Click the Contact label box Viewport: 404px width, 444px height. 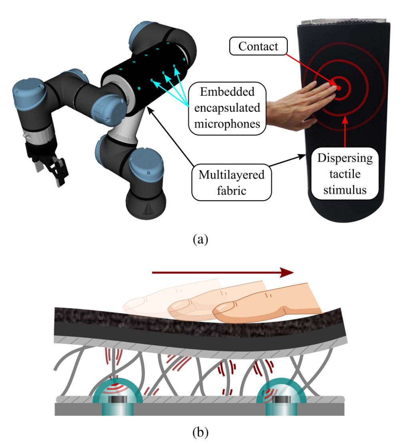tap(258, 46)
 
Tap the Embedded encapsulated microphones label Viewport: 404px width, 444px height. tap(227, 108)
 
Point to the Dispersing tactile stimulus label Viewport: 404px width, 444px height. tap(345, 173)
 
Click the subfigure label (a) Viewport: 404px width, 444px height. tap(200, 239)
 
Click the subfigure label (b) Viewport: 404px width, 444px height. tap(200, 432)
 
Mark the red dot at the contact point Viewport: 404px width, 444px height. tap(338, 88)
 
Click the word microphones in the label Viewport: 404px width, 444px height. tap(227, 123)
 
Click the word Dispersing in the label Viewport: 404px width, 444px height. tap(345, 158)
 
